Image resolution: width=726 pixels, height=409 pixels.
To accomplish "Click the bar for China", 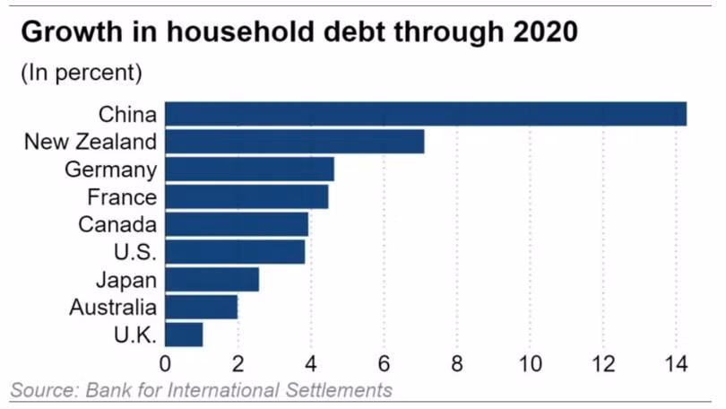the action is [426, 114].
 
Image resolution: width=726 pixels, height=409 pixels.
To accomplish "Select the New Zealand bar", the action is [295, 142].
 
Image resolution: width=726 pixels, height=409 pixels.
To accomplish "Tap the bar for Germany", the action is [249, 169].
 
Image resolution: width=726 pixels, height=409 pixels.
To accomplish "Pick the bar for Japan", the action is [212, 279].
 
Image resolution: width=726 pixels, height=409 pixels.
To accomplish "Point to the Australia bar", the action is [202, 307].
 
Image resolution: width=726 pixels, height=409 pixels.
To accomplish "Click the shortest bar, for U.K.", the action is [184, 335].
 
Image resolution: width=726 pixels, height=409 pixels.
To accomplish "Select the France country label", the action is [122, 197].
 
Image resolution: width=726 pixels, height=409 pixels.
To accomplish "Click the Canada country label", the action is [117, 224].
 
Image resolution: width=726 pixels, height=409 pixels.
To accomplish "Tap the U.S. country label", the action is [135, 252].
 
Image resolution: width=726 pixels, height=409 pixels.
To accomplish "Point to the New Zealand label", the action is [91, 142].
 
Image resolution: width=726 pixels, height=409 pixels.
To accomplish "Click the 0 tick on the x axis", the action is [165, 364].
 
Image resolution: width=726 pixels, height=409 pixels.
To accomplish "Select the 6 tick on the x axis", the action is [384, 364].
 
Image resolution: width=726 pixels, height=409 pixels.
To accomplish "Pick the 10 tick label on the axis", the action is [530, 364].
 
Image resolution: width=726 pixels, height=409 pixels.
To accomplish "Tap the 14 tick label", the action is [677, 364].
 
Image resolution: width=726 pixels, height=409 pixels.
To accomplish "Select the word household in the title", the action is [241, 32].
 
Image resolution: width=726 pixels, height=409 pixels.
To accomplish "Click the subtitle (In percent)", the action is [82, 73].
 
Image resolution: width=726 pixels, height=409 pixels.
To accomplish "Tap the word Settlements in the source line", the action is [339, 390].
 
